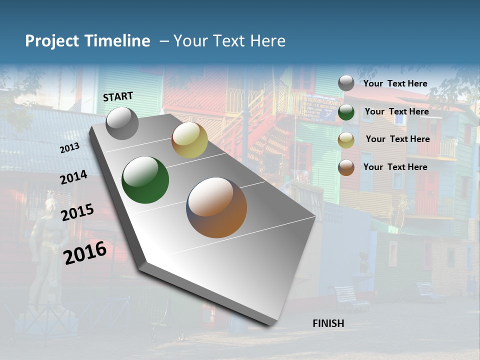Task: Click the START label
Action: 118,96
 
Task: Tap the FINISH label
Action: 328,323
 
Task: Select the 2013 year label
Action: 69,148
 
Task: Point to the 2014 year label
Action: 73,177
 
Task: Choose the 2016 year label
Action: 85,252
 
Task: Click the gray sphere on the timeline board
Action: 122,123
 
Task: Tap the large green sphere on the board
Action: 145,180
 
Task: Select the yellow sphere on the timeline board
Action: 189,140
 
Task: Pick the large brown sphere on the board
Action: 216,207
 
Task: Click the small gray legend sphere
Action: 346,83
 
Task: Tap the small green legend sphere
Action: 346,112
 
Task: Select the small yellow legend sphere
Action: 346,140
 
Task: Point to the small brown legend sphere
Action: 346,167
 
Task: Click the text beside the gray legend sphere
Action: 395,83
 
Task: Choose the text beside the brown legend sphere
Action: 395,167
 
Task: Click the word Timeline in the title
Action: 117,41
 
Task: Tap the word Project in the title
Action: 51,41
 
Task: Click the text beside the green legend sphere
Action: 396,111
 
